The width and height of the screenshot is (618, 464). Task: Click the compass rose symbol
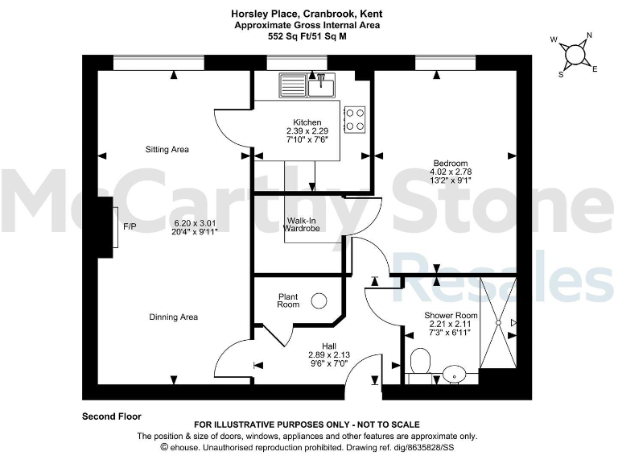click(576, 54)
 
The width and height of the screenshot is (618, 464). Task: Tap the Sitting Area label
click(167, 150)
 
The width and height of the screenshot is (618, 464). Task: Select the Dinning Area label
click(173, 317)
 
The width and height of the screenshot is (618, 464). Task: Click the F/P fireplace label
click(130, 226)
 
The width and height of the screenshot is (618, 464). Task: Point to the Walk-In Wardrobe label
click(302, 225)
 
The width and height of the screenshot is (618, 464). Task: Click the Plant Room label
click(289, 300)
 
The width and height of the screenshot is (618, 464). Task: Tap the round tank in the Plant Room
click(319, 300)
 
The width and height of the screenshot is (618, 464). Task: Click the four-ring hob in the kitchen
click(355, 119)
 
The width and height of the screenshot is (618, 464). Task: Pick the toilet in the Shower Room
click(418, 361)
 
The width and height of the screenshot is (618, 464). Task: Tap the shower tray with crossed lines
click(497, 324)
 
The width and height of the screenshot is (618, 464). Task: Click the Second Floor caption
click(112, 416)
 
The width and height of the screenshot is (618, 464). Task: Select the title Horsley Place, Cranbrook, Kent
click(307, 14)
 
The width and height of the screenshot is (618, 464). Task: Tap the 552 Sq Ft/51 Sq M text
click(307, 36)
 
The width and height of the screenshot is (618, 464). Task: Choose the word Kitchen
click(307, 122)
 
